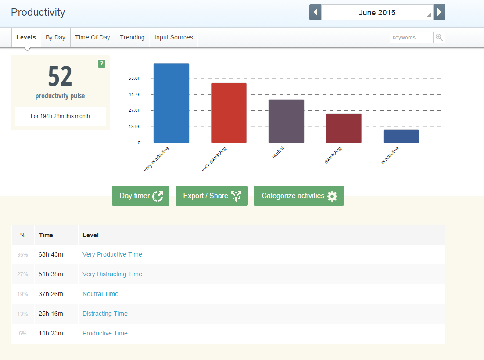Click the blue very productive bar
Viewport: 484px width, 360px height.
171,103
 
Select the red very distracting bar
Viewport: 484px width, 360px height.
229,113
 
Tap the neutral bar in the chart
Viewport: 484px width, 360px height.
286,121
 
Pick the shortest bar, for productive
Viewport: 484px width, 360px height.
401,136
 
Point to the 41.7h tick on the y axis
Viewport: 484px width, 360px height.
134,94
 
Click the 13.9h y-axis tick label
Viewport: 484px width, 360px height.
134,126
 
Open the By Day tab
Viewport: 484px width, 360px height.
56,37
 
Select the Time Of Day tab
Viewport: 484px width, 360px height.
93,37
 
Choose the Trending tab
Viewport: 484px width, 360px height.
132,37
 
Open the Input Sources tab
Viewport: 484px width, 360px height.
174,37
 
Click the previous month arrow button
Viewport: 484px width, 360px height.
315,12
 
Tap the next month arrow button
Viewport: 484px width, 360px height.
439,12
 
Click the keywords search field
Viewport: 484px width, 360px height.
412,38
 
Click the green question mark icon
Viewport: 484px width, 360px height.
101,64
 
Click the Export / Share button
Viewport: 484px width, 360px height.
212,196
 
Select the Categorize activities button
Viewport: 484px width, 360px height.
299,196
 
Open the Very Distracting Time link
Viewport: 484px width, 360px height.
112,274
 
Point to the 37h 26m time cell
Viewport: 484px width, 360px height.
50,294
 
